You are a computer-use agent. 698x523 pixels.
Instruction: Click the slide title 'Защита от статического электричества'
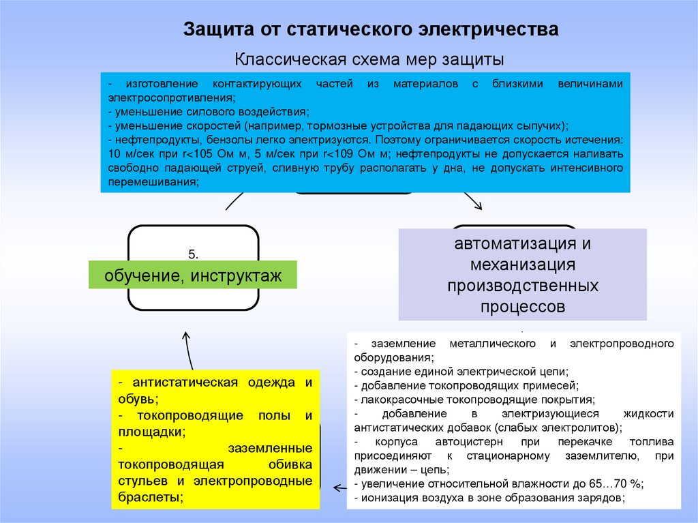371,31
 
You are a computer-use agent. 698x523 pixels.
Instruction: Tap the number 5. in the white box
193,254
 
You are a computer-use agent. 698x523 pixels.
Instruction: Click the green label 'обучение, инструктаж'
193,276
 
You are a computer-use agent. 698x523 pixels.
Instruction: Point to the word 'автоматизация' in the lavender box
522,243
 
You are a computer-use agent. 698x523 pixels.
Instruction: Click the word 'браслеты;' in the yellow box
150,497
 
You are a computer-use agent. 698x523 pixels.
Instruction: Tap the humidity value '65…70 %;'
616,483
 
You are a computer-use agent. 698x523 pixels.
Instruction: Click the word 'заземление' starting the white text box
397,342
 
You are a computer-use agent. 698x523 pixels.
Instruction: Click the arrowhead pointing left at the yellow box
336,488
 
